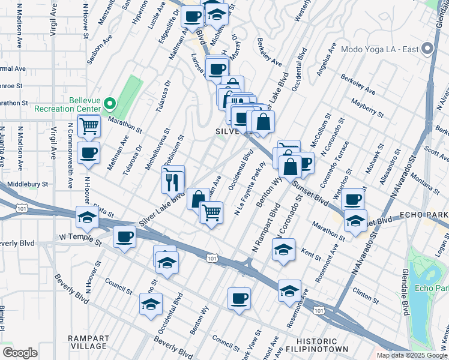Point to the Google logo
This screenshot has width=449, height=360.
click(20, 353)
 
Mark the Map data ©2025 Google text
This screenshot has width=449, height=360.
click(411, 355)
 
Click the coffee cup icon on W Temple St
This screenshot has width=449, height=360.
click(124, 237)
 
